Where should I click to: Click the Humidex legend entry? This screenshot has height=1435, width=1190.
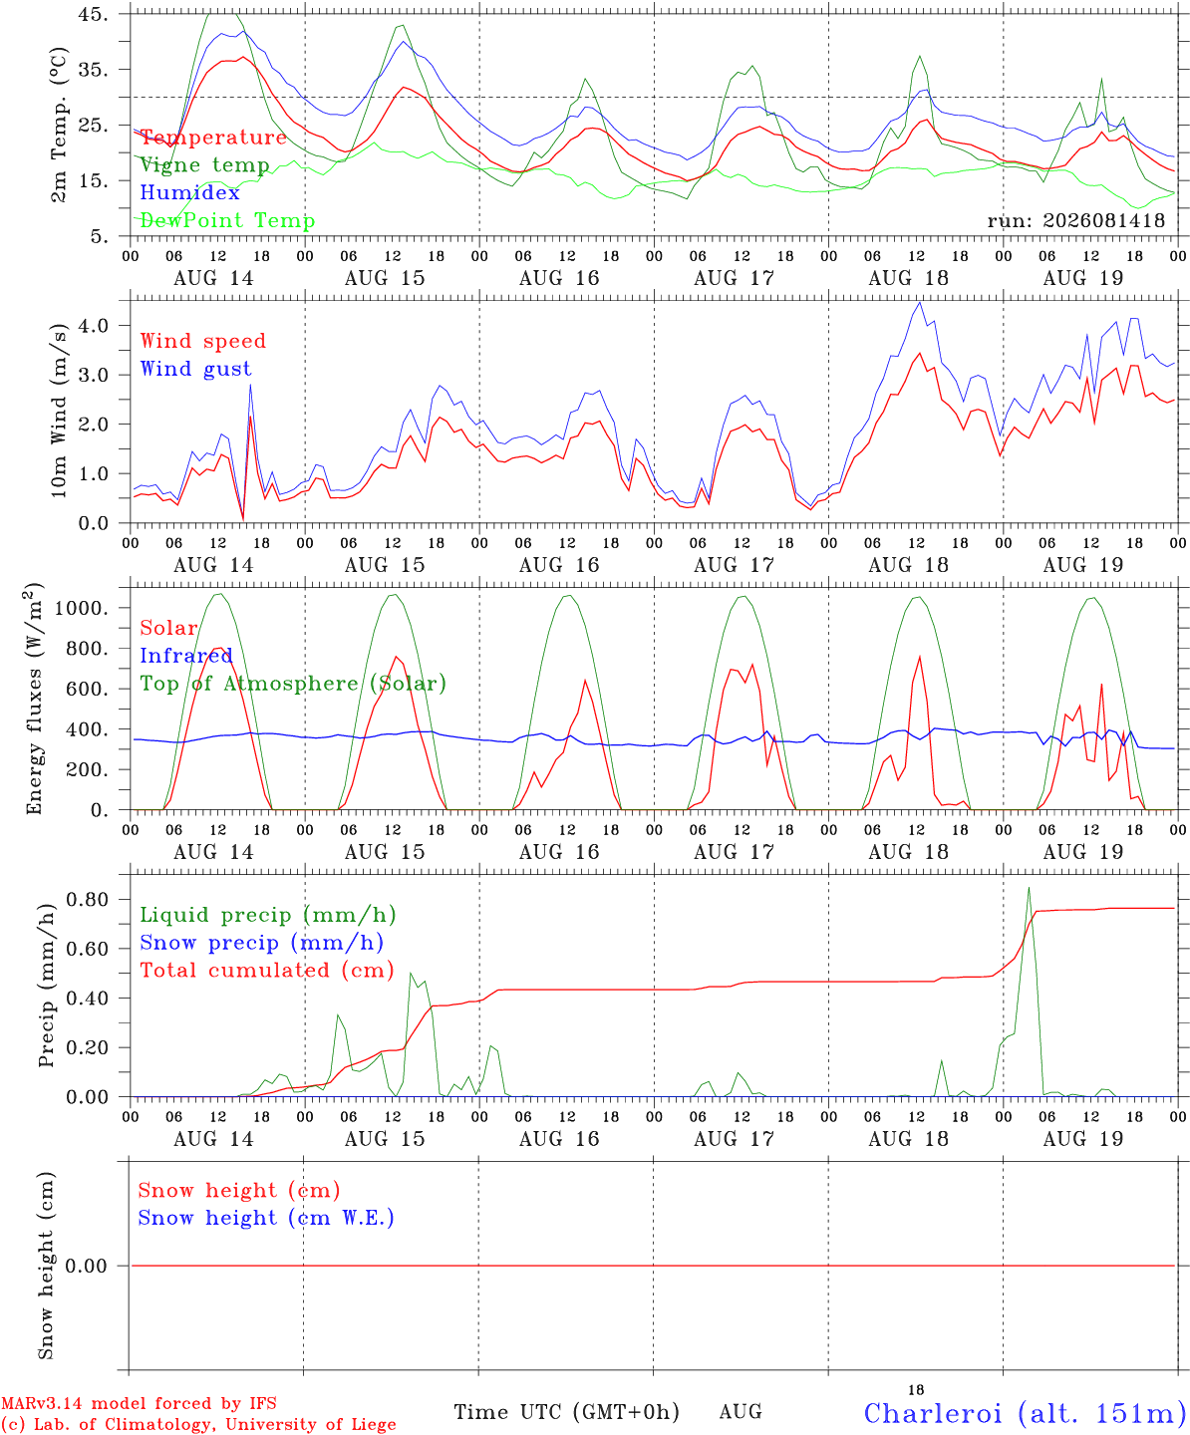coord(189,192)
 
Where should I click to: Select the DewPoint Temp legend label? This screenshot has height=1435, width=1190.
coord(227,220)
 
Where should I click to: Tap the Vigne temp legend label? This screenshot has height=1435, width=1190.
coord(205,165)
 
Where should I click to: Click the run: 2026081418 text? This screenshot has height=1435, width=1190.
coord(1075,220)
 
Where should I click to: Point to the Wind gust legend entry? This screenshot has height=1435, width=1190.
coord(196,369)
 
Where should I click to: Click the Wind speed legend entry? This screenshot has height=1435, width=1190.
coord(202,341)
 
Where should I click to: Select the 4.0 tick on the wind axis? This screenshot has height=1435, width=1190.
coord(93,325)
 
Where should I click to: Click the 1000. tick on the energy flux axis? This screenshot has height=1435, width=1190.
coord(81,608)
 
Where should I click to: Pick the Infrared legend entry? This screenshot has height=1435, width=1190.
coord(186,656)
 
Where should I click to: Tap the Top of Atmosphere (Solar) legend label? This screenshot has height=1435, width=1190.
coord(294,684)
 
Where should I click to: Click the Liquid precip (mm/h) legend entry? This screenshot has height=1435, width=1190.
coord(268,915)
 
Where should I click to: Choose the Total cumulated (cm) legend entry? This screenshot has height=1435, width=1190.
coord(267,971)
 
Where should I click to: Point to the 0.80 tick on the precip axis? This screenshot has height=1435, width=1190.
coord(88,900)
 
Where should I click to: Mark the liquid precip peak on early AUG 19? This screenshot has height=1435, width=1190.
coord(1029,888)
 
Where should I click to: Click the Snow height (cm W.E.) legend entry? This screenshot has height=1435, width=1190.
coord(266,1218)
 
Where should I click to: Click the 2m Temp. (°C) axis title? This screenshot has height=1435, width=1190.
coord(59,125)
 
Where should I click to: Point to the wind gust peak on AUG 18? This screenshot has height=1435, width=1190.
coord(919,302)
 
